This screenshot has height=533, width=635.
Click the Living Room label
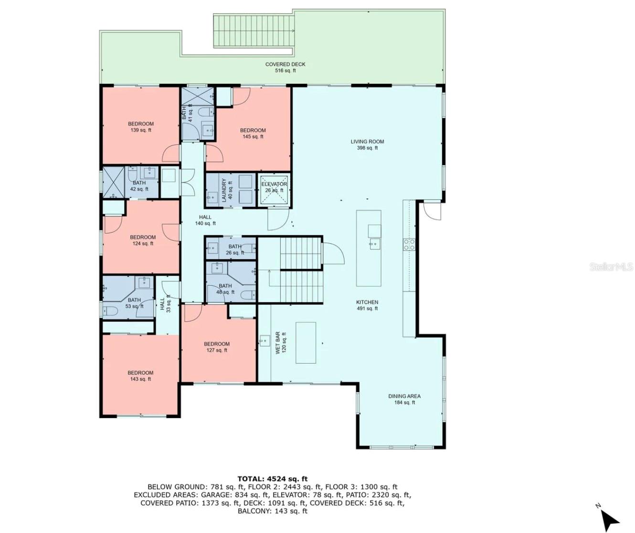tap(367, 144)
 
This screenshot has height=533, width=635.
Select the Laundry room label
tap(227, 190)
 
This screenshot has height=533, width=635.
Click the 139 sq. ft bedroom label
tap(141, 127)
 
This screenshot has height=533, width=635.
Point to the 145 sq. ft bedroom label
tap(253, 133)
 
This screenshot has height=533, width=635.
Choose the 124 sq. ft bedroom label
tap(143, 240)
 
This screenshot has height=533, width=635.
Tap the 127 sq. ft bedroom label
tap(217, 347)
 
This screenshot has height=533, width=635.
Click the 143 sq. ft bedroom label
tap(140, 376)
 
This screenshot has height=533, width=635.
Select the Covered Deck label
tap(285, 67)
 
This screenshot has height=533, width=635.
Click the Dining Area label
tap(404, 400)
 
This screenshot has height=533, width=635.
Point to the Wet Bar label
tap(281, 343)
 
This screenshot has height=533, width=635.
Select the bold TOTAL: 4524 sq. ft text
tap(273, 479)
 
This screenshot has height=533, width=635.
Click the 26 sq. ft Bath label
tap(235, 249)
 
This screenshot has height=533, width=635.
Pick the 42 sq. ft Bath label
tap(139, 186)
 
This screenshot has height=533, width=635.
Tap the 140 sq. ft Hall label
tap(205, 220)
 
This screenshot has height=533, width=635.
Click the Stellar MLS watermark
tap(611, 266)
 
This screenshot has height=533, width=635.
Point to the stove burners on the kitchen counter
tap(409, 245)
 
